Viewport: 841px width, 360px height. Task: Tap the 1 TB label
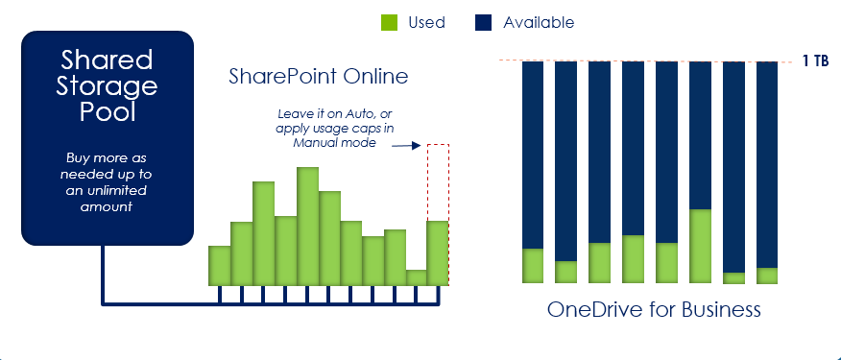click(815, 61)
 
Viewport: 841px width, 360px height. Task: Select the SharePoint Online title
click(318, 76)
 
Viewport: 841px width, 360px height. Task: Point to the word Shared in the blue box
click(108, 60)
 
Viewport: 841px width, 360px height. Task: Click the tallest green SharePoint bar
click(307, 227)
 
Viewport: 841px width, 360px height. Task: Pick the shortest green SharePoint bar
click(416, 277)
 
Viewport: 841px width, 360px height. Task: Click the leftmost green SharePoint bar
click(219, 266)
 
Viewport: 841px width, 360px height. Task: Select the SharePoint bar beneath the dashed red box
click(438, 253)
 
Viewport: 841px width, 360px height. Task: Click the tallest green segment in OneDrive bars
click(700, 246)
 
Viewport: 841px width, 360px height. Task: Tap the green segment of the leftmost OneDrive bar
click(532, 266)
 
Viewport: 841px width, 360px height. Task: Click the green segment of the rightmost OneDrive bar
click(766, 276)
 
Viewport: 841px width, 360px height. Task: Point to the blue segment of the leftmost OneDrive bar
click(532, 154)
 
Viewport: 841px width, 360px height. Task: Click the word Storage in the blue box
click(108, 87)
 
